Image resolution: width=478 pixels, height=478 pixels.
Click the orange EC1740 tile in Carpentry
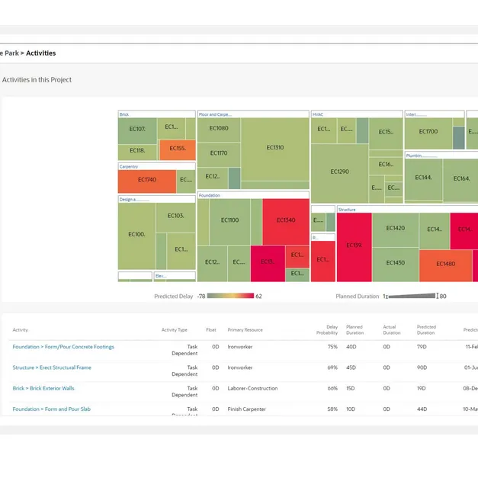tap(146, 180)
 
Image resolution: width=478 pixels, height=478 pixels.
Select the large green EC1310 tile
tap(274, 148)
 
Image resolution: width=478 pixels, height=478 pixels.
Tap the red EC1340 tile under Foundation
tap(285, 220)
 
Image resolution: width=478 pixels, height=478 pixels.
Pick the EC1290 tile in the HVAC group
tap(339, 172)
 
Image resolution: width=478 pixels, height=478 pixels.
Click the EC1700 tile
tap(428, 132)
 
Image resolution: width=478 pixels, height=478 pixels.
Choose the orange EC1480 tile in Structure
tap(445, 264)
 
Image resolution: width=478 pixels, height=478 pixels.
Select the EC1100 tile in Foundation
tap(229, 220)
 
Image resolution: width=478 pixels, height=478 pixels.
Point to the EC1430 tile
tap(395, 263)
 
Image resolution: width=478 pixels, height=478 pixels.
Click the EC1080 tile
tap(219, 129)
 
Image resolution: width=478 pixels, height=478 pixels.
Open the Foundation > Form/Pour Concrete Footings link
tap(63, 347)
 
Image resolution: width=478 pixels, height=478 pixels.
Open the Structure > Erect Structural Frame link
tap(52, 367)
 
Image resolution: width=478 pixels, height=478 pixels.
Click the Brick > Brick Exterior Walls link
tap(43, 388)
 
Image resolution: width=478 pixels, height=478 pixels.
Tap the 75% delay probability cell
tap(332, 347)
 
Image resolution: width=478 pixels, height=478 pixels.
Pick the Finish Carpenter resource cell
tap(247, 409)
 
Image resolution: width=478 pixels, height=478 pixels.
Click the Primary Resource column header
tap(245, 330)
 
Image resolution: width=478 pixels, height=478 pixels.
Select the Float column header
tap(211, 330)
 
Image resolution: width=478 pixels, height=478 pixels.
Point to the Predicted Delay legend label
tap(173, 296)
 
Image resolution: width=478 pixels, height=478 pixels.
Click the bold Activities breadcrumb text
tap(40, 53)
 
